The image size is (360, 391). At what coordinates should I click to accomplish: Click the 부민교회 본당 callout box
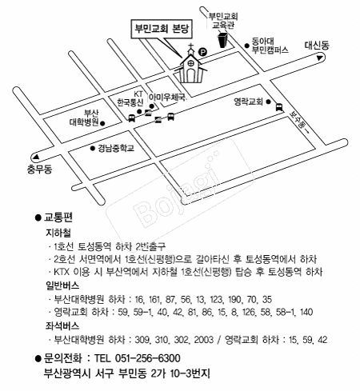click(x=162, y=29)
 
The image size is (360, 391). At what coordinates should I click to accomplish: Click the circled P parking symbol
click(x=203, y=52)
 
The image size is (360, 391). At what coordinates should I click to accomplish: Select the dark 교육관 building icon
click(x=223, y=40)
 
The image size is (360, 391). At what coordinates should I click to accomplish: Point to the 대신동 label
click(x=317, y=45)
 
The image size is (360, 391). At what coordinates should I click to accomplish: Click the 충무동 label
click(x=39, y=169)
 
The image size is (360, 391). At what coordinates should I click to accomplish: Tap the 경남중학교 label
click(x=116, y=148)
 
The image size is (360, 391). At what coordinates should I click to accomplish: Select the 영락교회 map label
click(x=248, y=102)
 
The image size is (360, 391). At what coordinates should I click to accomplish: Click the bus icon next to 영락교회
click(x=279, y=107)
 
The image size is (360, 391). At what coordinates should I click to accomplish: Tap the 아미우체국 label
click(x=167, y=98)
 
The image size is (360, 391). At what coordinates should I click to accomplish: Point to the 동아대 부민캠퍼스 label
click(x=270, y=46)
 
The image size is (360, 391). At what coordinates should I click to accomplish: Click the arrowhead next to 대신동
click(x=319, y=58)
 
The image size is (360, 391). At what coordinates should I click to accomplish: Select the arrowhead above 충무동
click(x=35, y=157)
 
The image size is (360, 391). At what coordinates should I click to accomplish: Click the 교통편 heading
click(x=58, y=217)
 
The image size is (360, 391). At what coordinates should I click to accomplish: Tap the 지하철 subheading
click(x=58, y=233)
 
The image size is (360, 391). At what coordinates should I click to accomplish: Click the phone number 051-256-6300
click(x=148, y=358)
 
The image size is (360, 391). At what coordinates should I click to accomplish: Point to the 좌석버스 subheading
click(x=62, y=325)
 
